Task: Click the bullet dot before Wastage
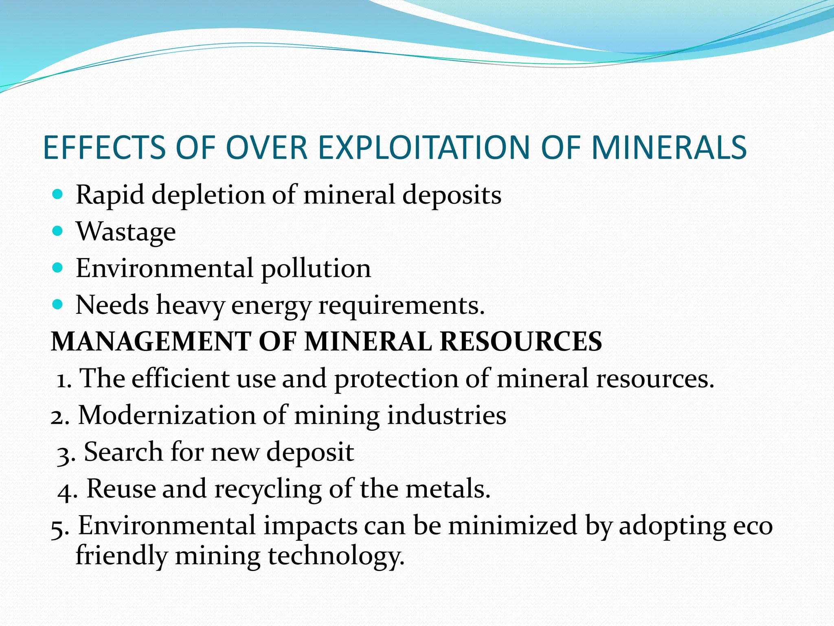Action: (58, 231)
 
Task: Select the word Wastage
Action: (126, 232)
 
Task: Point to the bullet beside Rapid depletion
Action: (58, 194)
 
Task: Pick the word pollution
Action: (316, 269)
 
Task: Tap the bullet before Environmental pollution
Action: (58, 268)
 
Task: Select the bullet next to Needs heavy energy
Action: (58, 304)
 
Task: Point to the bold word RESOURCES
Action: (521, 341)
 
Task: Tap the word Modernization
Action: (167, 416)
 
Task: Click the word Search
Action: (123, 452)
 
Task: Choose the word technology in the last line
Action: (336, 557)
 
